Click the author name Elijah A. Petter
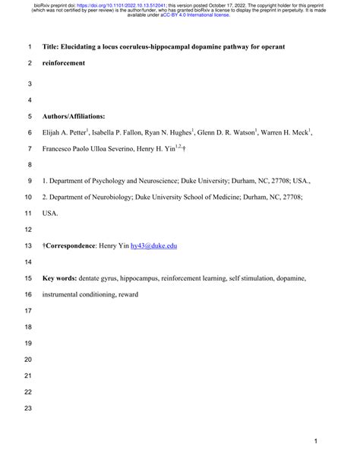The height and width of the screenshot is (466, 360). (x=65, y=132)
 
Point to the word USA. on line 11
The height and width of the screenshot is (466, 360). (x=50, y=214)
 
